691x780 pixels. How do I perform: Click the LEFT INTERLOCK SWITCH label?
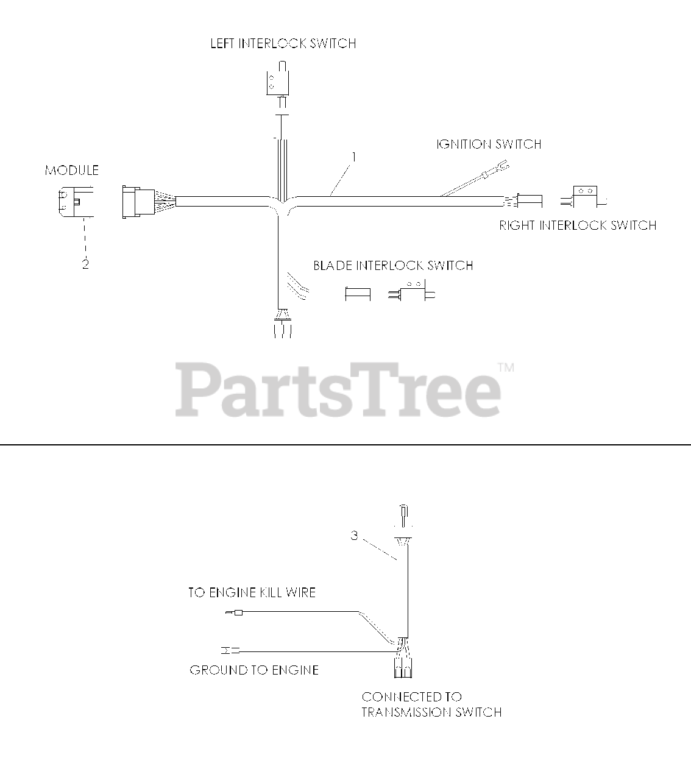283,44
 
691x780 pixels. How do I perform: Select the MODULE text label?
71,171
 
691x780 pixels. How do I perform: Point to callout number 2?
85,264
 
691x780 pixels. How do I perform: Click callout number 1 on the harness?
353,157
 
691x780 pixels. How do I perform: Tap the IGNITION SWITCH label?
489,144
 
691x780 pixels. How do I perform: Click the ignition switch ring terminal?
502,165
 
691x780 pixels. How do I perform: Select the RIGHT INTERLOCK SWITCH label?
578,225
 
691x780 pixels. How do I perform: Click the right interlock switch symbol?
584,196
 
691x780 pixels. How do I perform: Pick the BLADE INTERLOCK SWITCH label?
393,266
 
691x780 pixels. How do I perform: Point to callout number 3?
355,536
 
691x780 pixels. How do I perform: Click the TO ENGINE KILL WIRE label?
252,592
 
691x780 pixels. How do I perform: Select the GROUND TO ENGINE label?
254,670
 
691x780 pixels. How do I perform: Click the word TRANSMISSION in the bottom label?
411,712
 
